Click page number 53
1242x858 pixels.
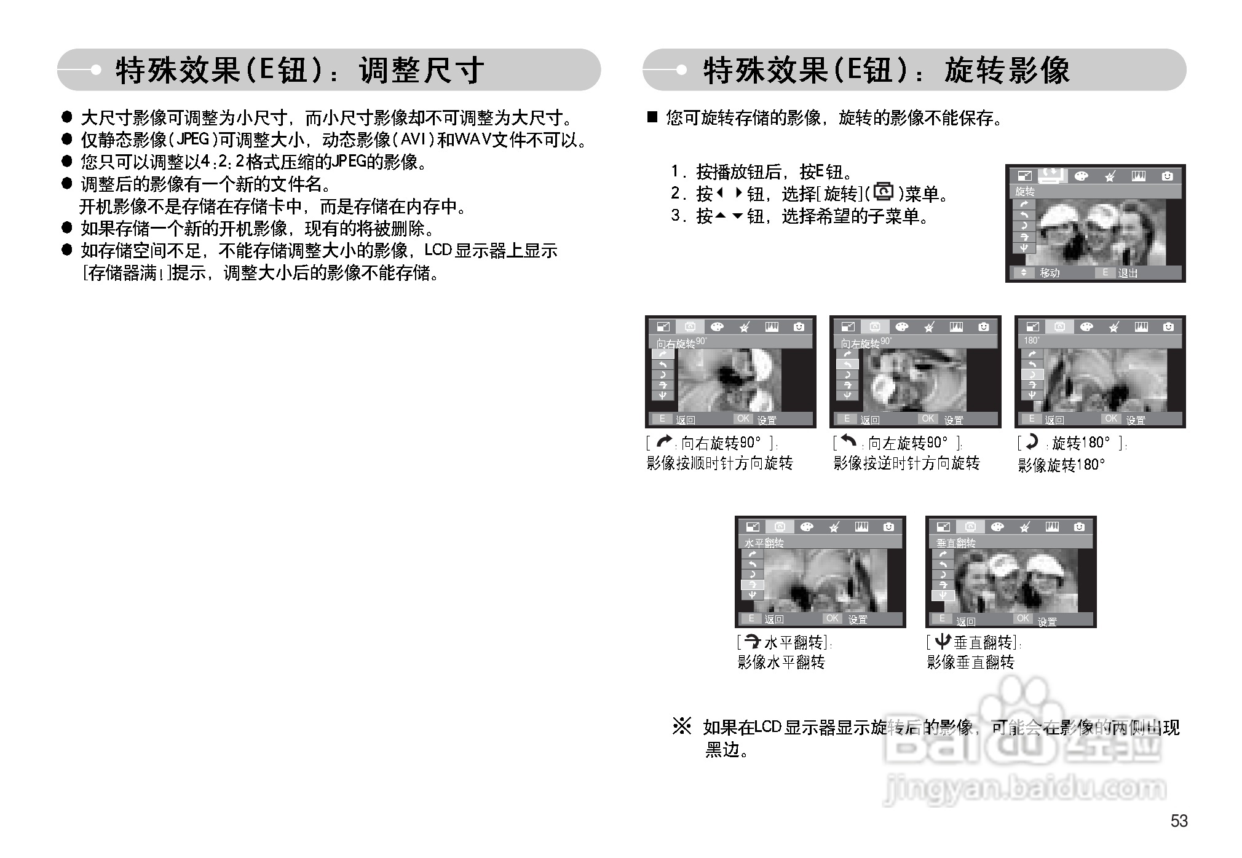(x=1179, y=821)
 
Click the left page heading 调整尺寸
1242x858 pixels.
(x=422, y=70)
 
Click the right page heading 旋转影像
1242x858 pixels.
(x=1007, y=70)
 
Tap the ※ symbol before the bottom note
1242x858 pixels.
(x=681, y=727)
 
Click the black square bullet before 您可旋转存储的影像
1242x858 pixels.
(x=652, y=117)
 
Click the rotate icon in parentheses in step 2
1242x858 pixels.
(x=884, y=193)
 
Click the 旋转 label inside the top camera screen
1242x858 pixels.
(x=1024, y=192)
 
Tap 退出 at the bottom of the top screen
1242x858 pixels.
(x=1127, y=273)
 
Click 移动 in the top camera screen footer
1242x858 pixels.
(x=1050, y=273)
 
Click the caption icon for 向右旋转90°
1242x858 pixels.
(x=664, y=442)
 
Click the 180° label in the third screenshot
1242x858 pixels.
(x=1032, y=340)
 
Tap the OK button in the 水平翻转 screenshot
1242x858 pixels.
(x=833, y=618)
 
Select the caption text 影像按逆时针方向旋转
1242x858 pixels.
(x=906, y=463)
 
